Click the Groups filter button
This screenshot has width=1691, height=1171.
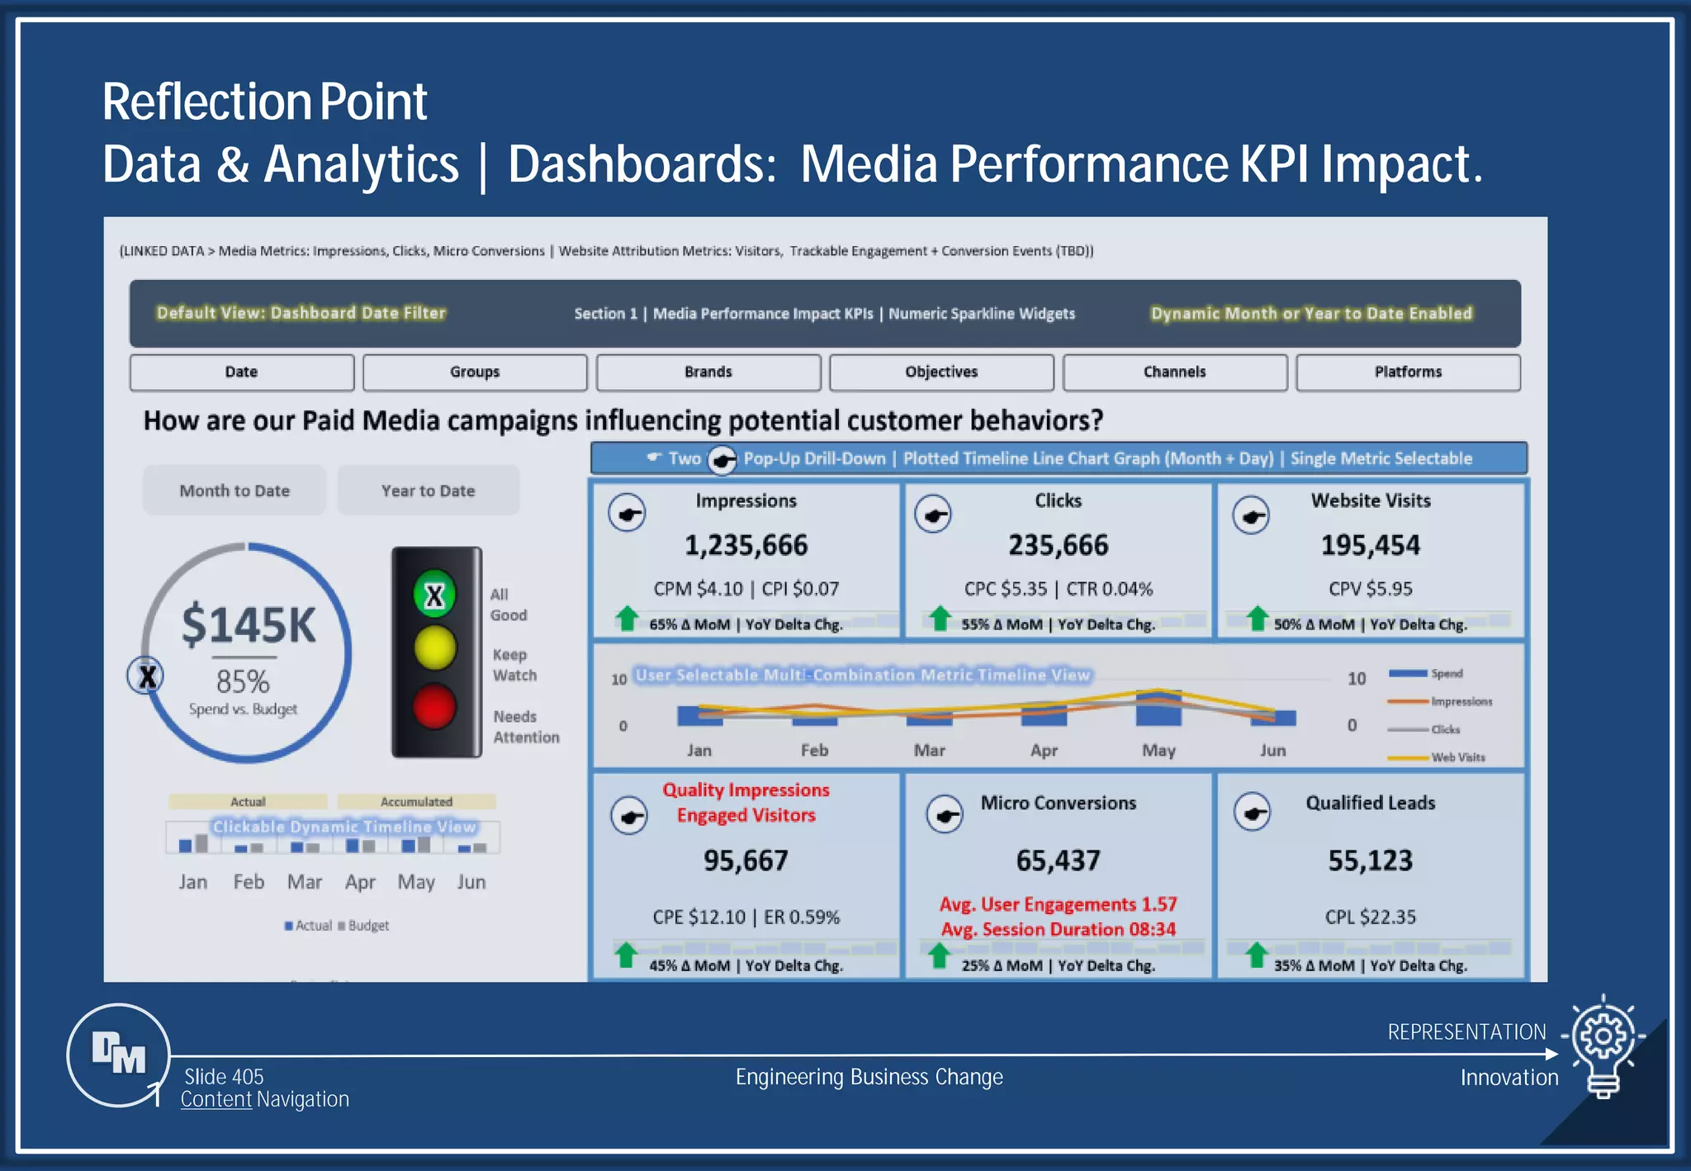(x=475, y=372)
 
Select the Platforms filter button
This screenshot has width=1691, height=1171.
(x=1408, y=372)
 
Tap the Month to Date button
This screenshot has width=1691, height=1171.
(x=234, y=491)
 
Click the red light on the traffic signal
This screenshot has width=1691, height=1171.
(x=434, y=707)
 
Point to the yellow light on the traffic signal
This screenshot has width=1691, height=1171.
(x=434, y=647)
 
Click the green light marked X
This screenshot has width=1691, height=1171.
(x=434, y=595)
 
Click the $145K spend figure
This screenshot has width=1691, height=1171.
(x=249, y=625)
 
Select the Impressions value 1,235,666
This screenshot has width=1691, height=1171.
(x=746, y=545)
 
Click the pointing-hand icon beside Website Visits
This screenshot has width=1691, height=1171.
(x=1251, y=516)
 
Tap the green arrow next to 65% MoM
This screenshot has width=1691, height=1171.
(x=628, y=618)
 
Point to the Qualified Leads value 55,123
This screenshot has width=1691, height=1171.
(x=1370, y=860)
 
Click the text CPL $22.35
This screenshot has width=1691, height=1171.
(x=1370, y=917)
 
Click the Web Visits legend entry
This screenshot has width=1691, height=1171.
(x=1457, y=757)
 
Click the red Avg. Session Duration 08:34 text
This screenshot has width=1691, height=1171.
(x=1058, y=929)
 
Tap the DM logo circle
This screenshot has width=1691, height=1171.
(x=119, y=1055)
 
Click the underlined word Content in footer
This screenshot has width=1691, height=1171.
(x=216, y=1099)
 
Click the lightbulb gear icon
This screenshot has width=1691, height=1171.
(x=1603, y=1043)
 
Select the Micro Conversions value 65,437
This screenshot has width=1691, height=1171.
(x=1058, y=860)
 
